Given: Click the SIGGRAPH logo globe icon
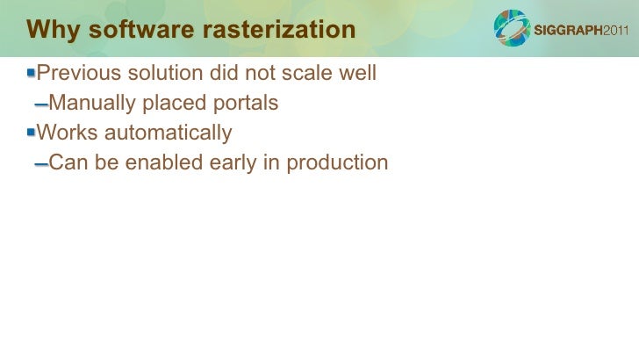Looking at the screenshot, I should pyautogui.click(x=512, y=28).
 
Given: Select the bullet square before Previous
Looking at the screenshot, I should pyautogui.click(x=31, y=72).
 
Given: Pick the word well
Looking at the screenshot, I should pyautogui.click(x=357, y=73).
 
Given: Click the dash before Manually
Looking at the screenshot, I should pyautogui.click(x=40, y=104).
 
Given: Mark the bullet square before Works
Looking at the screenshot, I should pyautogui.click(x=31, y=133).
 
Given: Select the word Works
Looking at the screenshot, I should pyautogui.click(x=65, y=133).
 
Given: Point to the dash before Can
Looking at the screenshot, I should pyautogui.click(x=40, y=164).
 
